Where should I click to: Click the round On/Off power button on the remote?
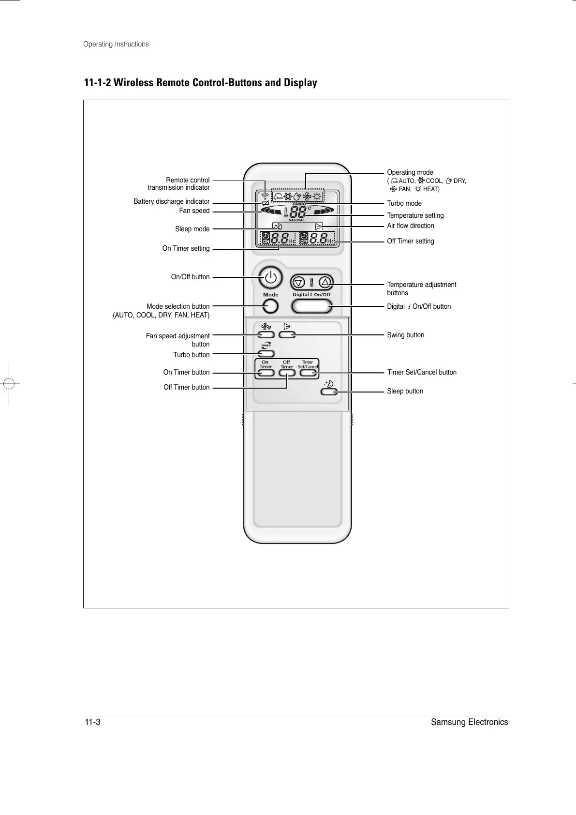pyautogui.click(x=270, y=278)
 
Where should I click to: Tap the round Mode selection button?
pyautogui.click(x=271, y=306)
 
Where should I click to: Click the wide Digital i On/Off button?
pyautogui.click(x=311, y=306)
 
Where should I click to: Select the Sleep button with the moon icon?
pyautogui.click(x=329, y=392)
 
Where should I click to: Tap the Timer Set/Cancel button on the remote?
pyautogui.click(x=308, y=373)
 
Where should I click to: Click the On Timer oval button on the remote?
pyautogui.click(x=266, y=373)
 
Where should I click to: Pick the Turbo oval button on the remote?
pyautogui.click(x=266, y=354)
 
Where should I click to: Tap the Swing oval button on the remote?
pyautogui.click(x=287, y=334)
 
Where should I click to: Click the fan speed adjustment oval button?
pyautogui.click(x=266, y=334)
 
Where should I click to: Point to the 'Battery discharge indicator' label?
pyautogui.click(x=172, y=201)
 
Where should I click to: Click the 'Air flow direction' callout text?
pyautogui.click(x=411, y=226)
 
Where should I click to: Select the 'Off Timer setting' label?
pyautogui.click(x=411, y=241)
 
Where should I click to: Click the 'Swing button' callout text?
pyautogui.click(x=406, y=335)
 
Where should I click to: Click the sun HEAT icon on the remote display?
pyautogui.click(x=317, y=196)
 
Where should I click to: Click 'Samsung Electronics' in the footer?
pyautogui.click(x=469, y=723)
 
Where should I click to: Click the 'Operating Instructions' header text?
pyautogui.click(x=116, y=44)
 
